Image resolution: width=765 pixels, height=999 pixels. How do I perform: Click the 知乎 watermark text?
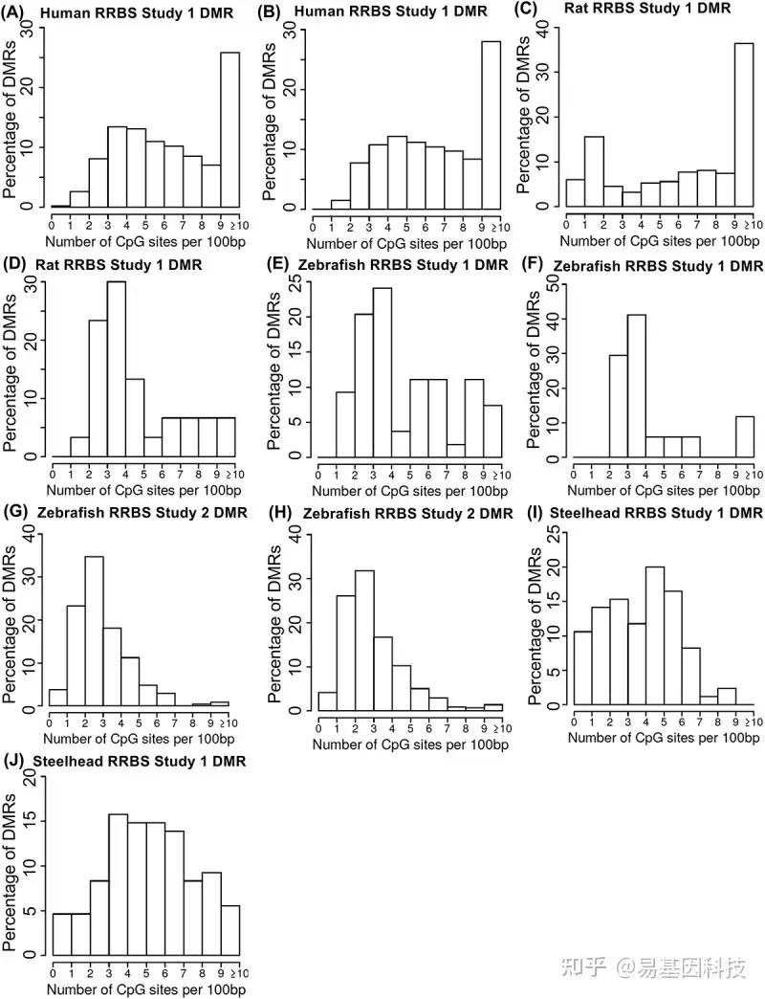click(583, 967)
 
